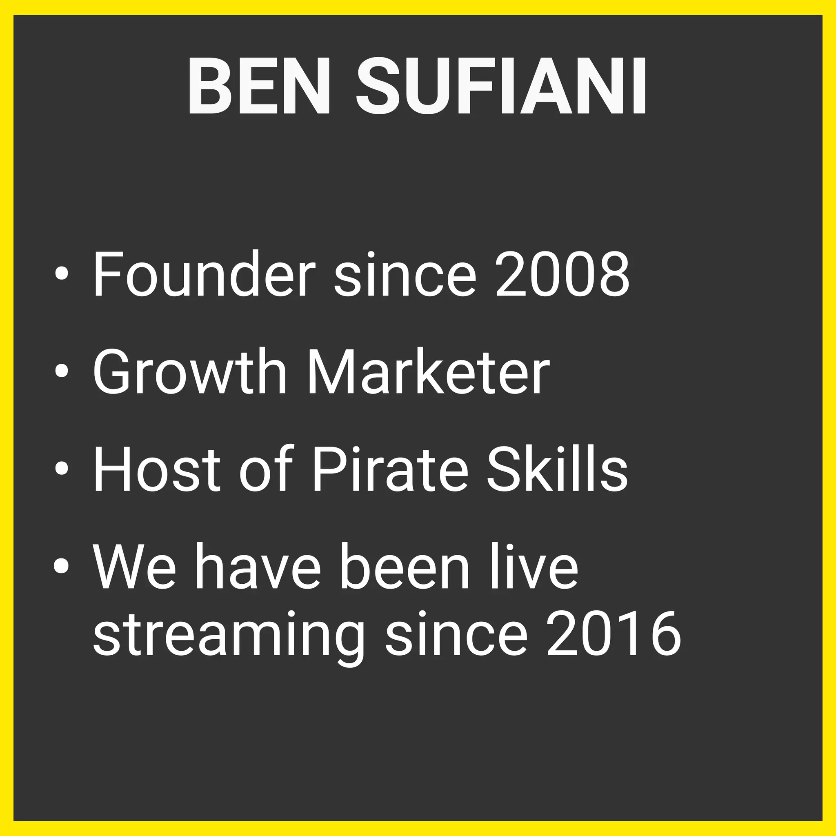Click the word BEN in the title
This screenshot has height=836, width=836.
click(x=259, y=87)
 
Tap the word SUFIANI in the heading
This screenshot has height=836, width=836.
click(x=501, y=87)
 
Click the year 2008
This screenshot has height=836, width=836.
click(x=563, y=274)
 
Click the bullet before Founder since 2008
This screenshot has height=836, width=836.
click(x=62, y=274)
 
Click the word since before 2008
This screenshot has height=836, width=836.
click(x=405, y=274)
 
